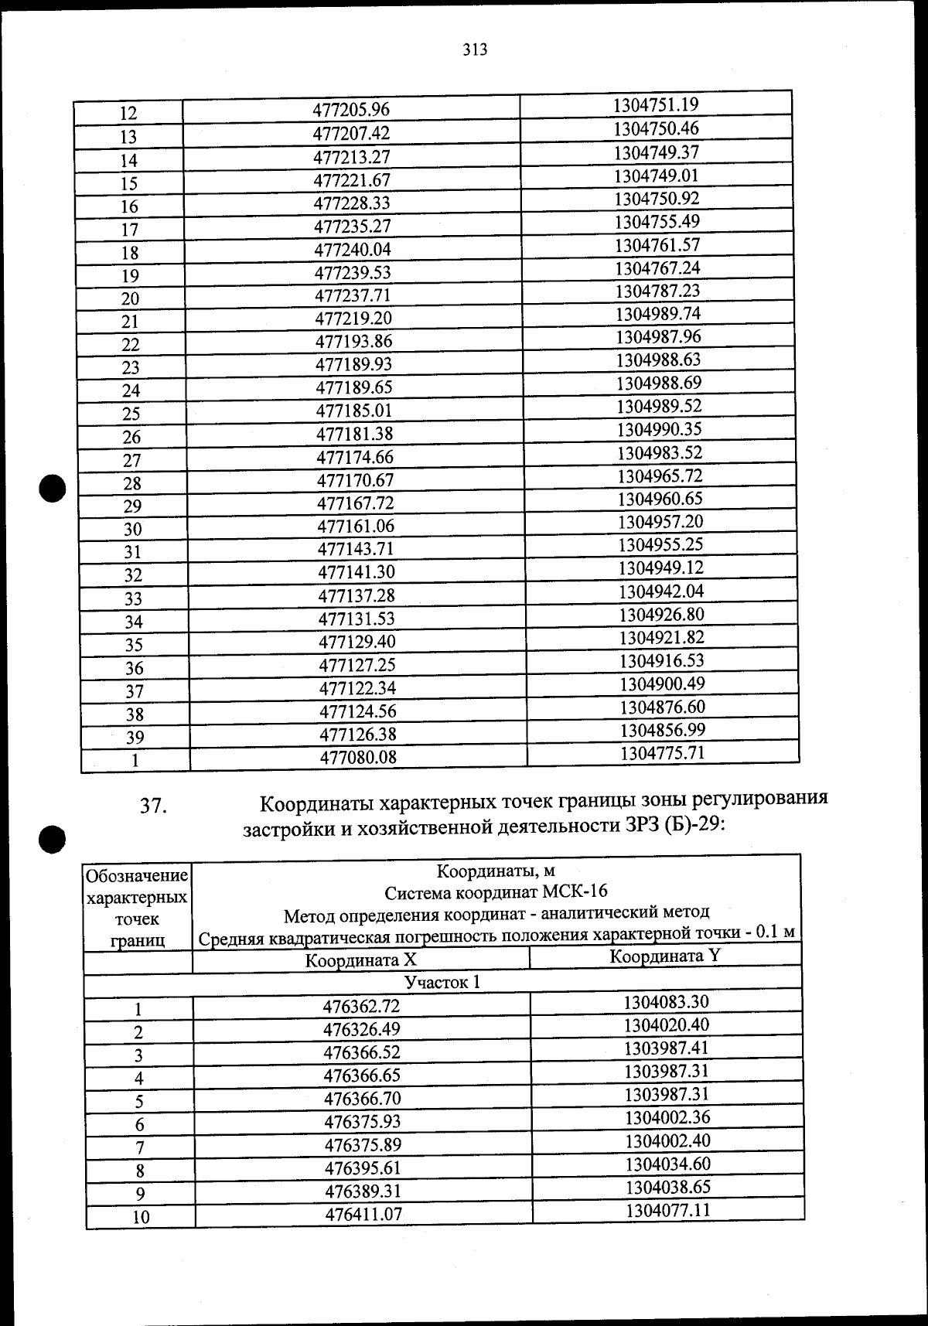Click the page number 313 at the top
click(x=475, y=50)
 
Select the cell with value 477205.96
click(x=351, y=111)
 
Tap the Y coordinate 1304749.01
click(x=656, y=176)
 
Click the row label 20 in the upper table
click(x=130, y=298)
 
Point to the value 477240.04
click(x=353, y=250)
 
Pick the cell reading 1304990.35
click(x=660, y=429)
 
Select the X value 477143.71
click(x=356, y=549)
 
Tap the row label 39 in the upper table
click(x=135, y=737)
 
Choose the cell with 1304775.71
click(x=662, y=753)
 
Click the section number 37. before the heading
click(x=153, y=806)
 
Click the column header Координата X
click(x=360, y=961)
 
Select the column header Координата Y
click(x=665, y=956)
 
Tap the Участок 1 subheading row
click(x=442, y=983)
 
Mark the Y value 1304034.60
click(x=667, y=1164)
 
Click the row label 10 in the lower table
click(x=141, y=1217)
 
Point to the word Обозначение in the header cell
click(x=137, y=876)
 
